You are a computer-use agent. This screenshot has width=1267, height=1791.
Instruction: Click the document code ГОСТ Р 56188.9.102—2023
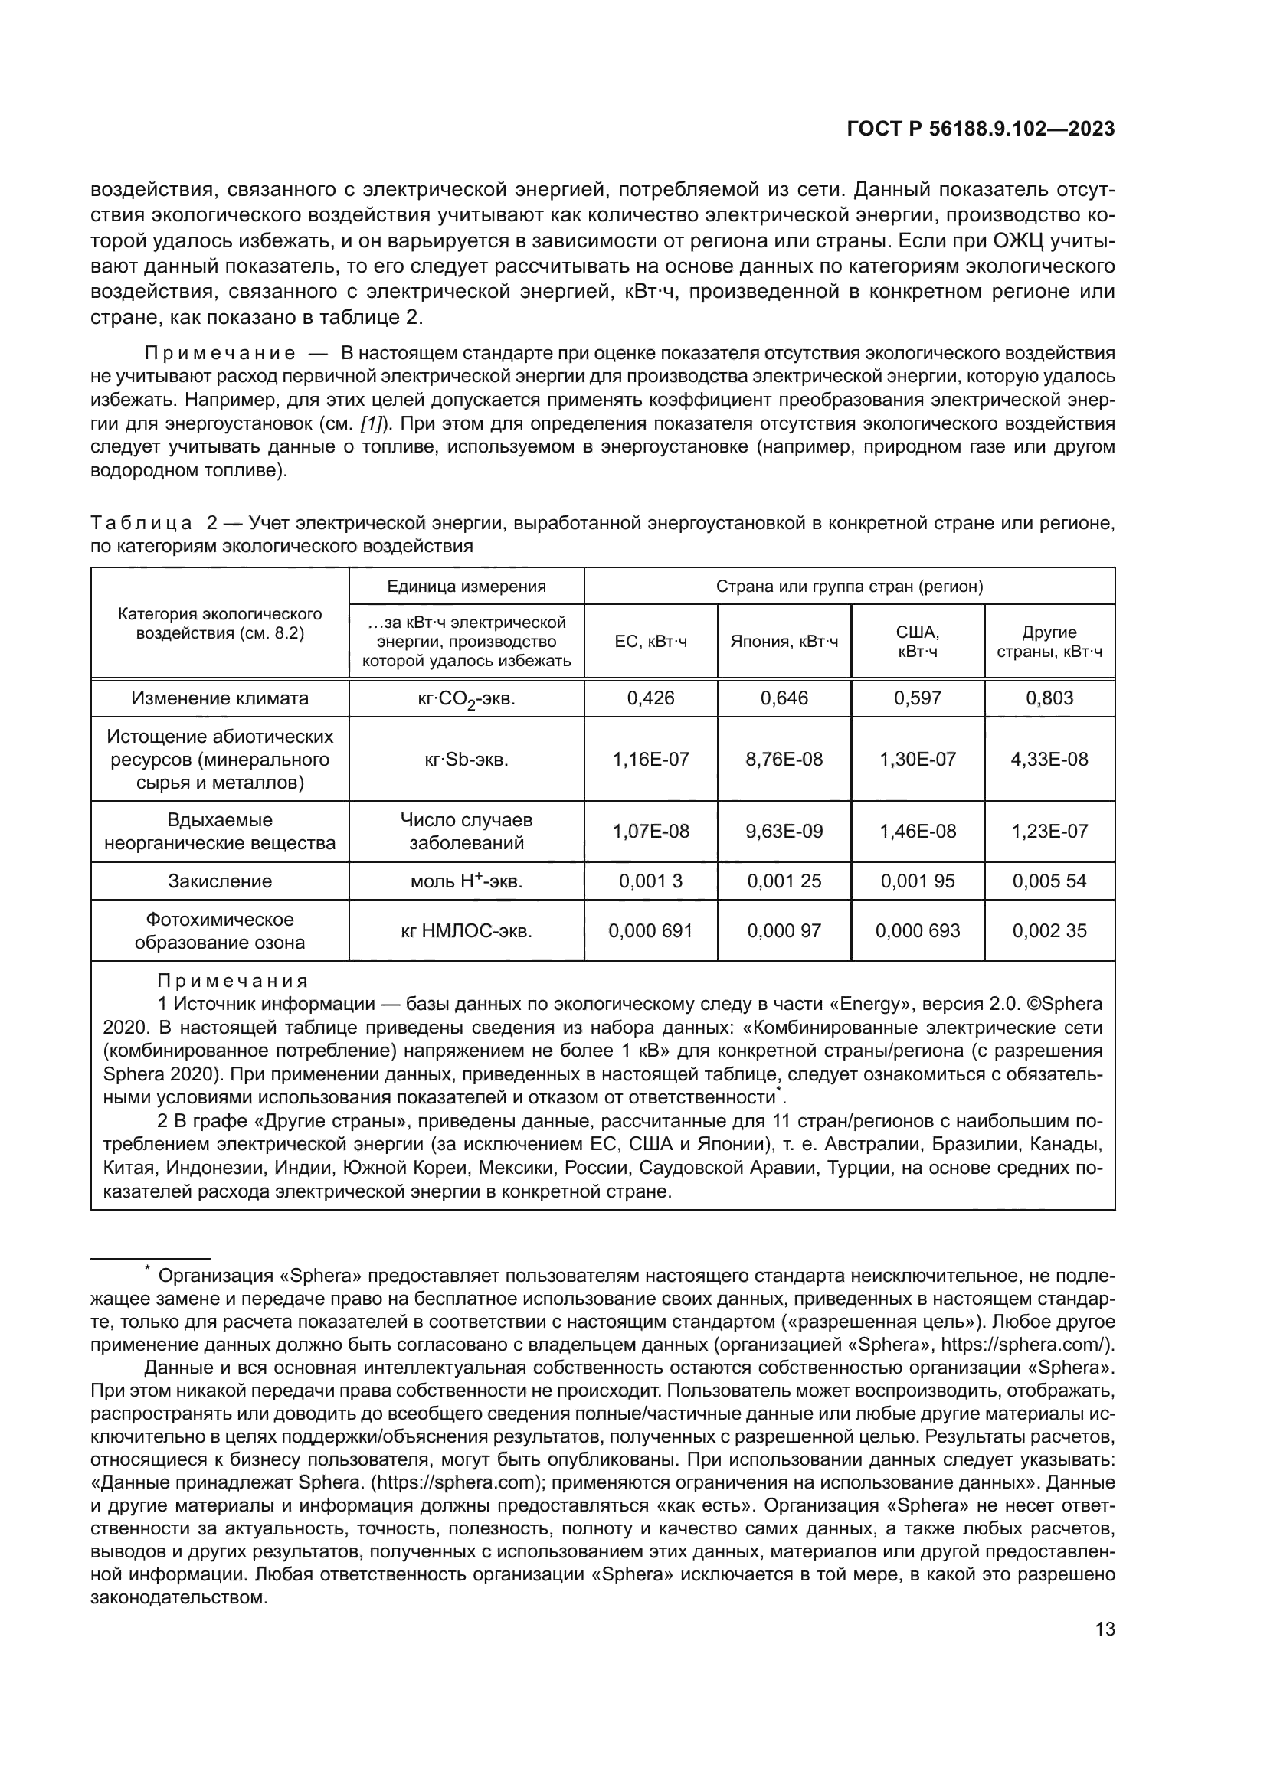[x=980, y=129]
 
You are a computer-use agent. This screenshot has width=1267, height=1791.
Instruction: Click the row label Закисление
[x=219, y=881]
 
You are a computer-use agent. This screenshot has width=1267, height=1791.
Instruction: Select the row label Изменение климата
[x=219, y=698]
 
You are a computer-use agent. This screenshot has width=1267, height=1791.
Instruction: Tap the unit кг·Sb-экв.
[x=466, y=759]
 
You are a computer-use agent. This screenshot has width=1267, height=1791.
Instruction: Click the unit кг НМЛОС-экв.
[x=466, y=930]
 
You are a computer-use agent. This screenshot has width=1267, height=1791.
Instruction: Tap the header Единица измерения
[x=466, y=586]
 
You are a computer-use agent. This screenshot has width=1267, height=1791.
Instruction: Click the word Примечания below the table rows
[x=233, y=981]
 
